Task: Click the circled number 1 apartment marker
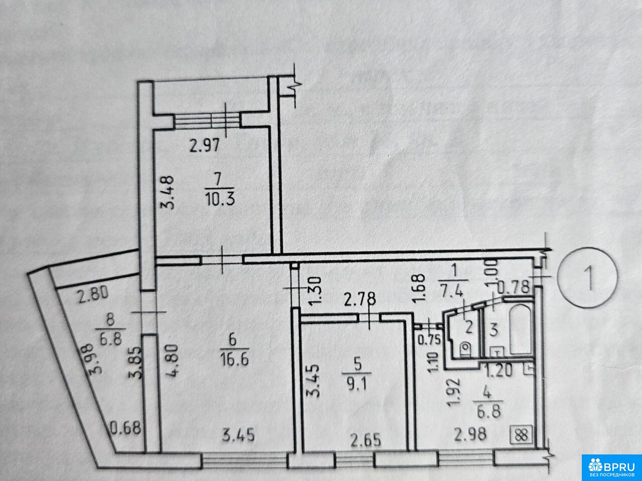pyautogui.click(x=588, y=277)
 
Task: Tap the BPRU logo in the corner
pyautogui.click(x=612, y=467)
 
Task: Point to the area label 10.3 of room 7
pyautogui.click(x=220, y=200)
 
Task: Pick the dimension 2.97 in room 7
pyautogui.click(x=205, y=145)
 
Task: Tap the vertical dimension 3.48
pyautogui.click(x=168, y=192)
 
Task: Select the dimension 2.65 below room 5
pyautogui.click(x=366, y=440)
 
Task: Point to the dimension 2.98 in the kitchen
pyautogui.click(x=470, y=434)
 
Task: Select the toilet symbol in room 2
pyautogui.click(x=466, y=349)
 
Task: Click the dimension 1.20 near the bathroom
pyautogui.click(x=499, y=371)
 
